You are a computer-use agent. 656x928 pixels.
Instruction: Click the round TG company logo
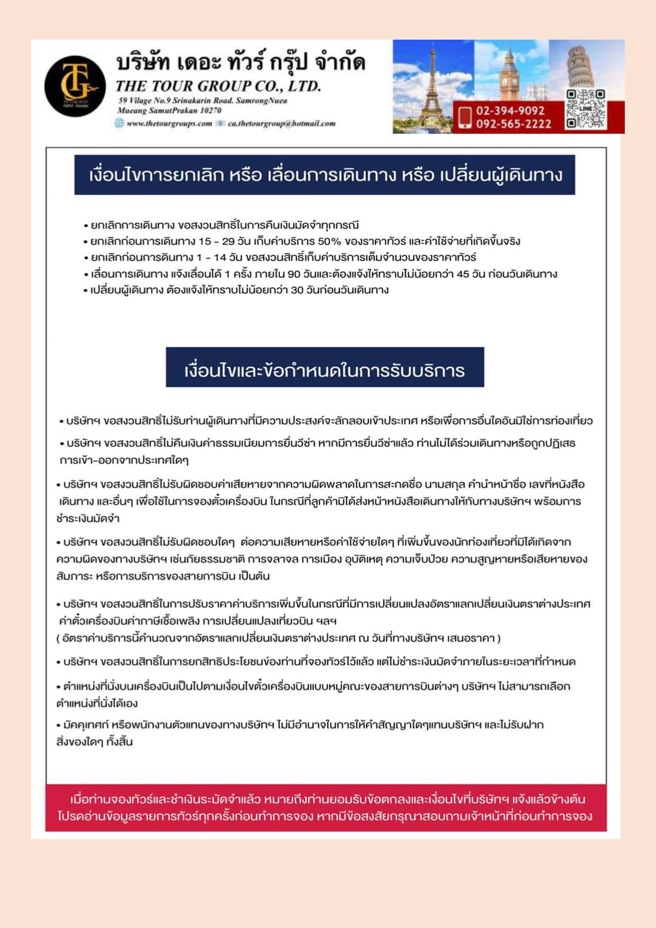coord(75,86)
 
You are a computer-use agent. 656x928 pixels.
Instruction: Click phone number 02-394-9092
coord(510,111)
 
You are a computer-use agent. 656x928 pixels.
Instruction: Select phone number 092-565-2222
coord(513,124)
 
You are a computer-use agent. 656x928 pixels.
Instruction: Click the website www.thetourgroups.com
coord(169,124)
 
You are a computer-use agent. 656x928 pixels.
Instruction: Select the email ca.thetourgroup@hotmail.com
coord(281,124)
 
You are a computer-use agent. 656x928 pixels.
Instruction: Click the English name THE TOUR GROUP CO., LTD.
coord(218,86)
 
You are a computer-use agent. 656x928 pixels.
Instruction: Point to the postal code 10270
coord(211,111)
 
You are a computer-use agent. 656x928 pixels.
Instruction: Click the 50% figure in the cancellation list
coord(329,242)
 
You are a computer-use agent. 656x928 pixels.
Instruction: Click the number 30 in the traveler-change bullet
coord(297,290)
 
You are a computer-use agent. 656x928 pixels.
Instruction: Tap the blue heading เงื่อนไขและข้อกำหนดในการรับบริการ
coord(325,370)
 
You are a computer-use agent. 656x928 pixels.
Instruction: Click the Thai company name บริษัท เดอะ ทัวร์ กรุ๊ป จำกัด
coord(241,63)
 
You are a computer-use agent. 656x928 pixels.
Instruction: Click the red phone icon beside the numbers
coord(465,117)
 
